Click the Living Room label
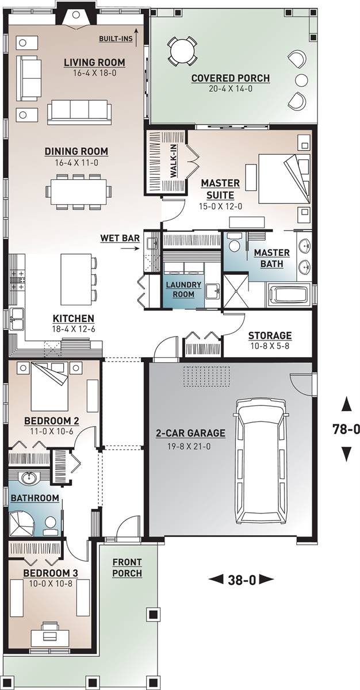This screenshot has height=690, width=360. coord(94,63)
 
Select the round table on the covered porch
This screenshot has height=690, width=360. coord(182,51)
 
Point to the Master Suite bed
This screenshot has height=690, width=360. coord(284,178)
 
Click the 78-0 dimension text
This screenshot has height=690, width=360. coord(346,429)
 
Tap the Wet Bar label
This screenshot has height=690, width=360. coord(120,238)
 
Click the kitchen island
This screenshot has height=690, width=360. coord(76,279)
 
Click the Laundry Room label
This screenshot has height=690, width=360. coord(183,289)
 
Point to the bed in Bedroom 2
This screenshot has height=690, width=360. coord(49,386)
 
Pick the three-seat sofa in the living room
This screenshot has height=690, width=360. coord(79,113)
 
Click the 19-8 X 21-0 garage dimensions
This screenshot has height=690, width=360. coord(189,446)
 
